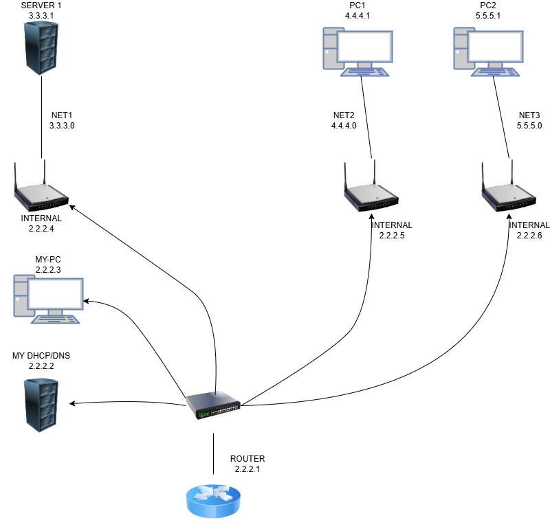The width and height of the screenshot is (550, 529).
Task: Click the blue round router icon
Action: [213, 501]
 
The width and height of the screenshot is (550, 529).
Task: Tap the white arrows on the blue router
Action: [213, 493]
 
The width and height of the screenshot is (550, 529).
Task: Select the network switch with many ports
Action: [213, 405]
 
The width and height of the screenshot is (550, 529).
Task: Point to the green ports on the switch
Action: [203, 414]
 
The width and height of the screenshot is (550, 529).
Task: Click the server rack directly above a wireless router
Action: [41, 47]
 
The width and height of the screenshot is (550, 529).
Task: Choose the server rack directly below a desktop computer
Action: [41, 405]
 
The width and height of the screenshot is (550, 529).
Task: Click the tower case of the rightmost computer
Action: [463, 47]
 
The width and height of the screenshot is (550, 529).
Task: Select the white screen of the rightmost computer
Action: [496, 46]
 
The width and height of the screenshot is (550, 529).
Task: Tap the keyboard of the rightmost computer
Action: [495, 71]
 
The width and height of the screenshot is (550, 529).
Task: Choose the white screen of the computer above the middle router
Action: [366, 46]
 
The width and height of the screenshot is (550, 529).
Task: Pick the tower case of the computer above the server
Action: [22, 295]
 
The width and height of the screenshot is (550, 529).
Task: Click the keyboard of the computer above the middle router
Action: [364, 71]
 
